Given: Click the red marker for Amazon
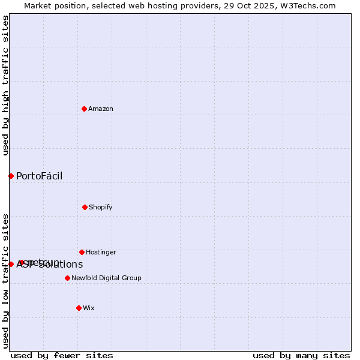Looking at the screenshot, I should pos(85,109).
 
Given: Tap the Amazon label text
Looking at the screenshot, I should pos(101,109).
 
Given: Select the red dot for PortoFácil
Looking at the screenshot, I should pos(11,176).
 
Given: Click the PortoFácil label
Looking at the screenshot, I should pos(39,176).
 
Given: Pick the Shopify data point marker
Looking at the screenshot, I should pos(85,207).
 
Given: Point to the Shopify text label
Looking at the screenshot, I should pos(101,208).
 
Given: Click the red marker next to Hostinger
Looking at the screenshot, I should pos(82,252).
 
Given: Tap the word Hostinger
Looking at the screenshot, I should pos(101,253).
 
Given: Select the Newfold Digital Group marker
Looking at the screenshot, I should pos(67,278).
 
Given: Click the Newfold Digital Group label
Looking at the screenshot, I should pos(106,278).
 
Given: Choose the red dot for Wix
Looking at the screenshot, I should pos(79,308).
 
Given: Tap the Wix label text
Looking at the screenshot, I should pos(89,308).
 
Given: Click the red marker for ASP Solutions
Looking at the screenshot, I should pos(11,264).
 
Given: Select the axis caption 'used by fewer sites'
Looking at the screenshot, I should pos(62,355).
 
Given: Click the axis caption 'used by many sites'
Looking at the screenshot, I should pos(301,355).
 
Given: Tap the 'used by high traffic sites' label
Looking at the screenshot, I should pos(5,85).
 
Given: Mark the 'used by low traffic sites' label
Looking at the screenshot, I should pos(5,280).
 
